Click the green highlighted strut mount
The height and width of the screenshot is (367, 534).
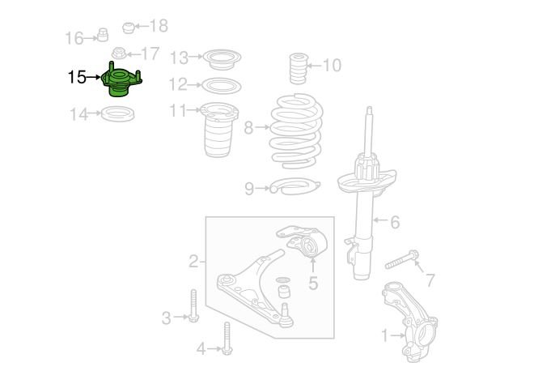tap(121, 80)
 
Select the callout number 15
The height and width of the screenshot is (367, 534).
tap(77, 77)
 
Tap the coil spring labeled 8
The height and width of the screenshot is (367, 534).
tap(296, 132)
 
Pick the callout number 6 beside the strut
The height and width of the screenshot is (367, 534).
tap(395, 222)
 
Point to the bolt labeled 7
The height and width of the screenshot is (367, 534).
tap(402, 260)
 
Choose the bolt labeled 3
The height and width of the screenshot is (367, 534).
tap(193, 305)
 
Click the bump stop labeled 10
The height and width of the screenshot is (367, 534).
tap(299, 68)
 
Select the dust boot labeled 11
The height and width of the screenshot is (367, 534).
tap(218, 130)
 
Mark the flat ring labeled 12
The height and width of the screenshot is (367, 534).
tap(222, 86)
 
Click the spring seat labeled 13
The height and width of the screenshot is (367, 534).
tap(222, 60)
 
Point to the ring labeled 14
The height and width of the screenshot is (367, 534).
tap(118, 113)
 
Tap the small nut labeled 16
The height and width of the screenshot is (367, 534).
tap(103, 35)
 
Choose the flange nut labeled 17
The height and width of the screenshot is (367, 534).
tap(119, 53)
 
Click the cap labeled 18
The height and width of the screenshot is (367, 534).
tap(129, 28)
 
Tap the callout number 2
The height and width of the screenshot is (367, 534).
tap(193, 262)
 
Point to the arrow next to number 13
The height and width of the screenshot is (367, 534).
tap(196, 57)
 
